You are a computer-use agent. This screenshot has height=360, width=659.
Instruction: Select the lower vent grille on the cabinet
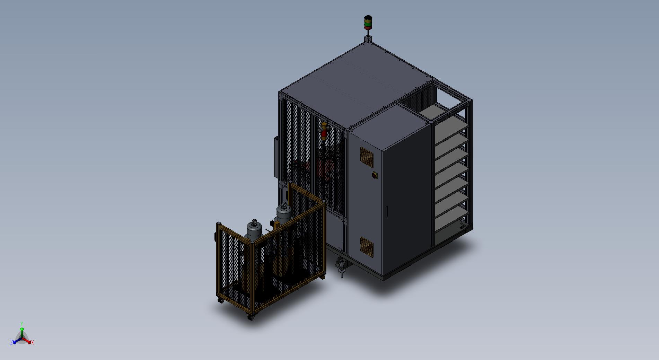point(367,247)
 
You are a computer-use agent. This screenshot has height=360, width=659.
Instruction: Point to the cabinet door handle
point(387,211)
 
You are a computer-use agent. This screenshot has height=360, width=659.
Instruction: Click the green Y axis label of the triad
point(21,324)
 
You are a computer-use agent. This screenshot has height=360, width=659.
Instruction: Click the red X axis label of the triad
point(33,342)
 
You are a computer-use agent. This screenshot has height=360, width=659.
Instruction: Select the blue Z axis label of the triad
point(11,342)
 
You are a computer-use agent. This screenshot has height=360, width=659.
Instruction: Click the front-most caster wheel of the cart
point(251,316)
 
